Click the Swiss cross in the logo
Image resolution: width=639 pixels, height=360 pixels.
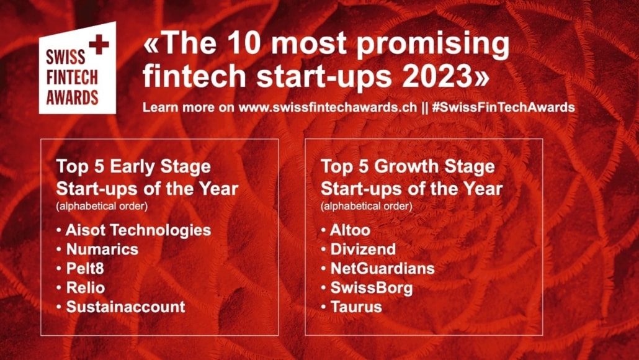click(x=99, y=45)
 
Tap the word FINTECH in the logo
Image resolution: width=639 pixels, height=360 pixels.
click(x=72, y=78)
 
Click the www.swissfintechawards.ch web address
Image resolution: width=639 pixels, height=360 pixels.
click(x=328, y=107)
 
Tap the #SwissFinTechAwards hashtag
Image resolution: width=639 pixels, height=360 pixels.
click(x=503, y=107)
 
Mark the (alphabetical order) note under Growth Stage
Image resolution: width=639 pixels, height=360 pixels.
click(x=367, y=206)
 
